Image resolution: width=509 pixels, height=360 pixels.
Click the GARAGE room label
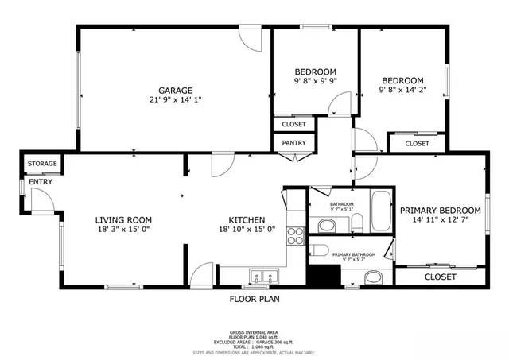tap(175, 91)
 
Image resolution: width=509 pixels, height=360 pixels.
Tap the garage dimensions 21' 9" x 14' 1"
tap(175, 100)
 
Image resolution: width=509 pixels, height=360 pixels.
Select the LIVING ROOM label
tap(123, 220)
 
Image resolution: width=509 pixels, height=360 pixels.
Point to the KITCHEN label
tap(247, 220)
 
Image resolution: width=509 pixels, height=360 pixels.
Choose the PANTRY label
tap(294, 143)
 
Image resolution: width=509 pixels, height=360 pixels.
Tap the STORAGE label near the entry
tap(42, 164)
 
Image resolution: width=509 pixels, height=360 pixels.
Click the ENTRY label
tap(41, 182)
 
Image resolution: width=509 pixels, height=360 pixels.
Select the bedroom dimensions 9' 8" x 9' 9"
tap(316, 80)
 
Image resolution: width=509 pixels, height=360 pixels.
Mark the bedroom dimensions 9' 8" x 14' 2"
tap(402, 90)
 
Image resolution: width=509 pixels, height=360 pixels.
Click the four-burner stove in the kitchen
tap(295, 235)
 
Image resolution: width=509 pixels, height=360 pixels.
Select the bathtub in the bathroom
tap(380, 210)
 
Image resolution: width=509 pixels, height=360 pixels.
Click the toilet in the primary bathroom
tap(321, 250)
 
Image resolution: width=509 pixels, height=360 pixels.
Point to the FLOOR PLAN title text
tap(254, 300)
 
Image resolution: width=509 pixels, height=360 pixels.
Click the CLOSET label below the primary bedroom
tap(440, 277)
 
